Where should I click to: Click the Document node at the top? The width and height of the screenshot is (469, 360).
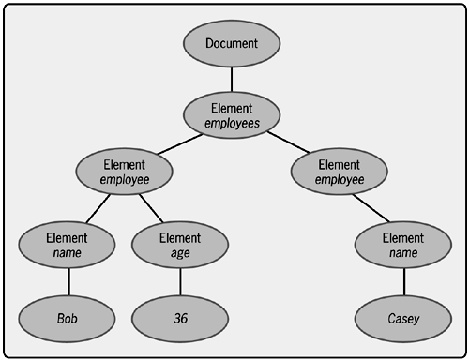click(x=231, y=43)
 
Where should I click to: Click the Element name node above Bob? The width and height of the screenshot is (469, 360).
click(x=68, y=246)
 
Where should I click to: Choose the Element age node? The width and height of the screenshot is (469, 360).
click(x=180, y=246)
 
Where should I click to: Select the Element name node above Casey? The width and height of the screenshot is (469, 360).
click(x=403, y=246)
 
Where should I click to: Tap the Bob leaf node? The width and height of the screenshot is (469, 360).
click(x=68, y=318)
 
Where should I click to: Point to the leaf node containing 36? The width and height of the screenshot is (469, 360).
click(x=180, y=318)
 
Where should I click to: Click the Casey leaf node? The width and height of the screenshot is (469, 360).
click(x=403, y=318)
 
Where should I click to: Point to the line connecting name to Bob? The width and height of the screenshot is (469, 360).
click(x=68, y=282)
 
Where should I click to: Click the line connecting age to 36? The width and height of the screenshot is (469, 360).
click(x=180, y=282)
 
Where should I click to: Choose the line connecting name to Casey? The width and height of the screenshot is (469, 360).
click(x=403, y=282)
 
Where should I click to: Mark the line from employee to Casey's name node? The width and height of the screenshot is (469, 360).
click(x=371, y=208)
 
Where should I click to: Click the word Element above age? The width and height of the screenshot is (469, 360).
click(x=180, y=238)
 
